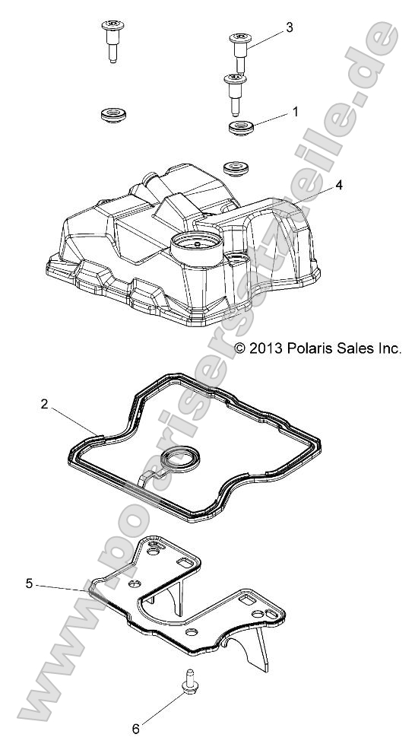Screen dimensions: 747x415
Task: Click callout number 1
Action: tap(294, 112)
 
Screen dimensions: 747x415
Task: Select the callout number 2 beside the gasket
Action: tap(44, 405)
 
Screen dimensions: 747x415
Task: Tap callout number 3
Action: tap(289, 28)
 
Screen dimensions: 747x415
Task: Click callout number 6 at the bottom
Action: tap(136, 729)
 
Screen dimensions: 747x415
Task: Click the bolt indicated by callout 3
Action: tap(239, 49)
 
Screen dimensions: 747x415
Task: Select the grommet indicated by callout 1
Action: tap(241, 126)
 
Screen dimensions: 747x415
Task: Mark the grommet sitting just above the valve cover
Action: tap(233, 166)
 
